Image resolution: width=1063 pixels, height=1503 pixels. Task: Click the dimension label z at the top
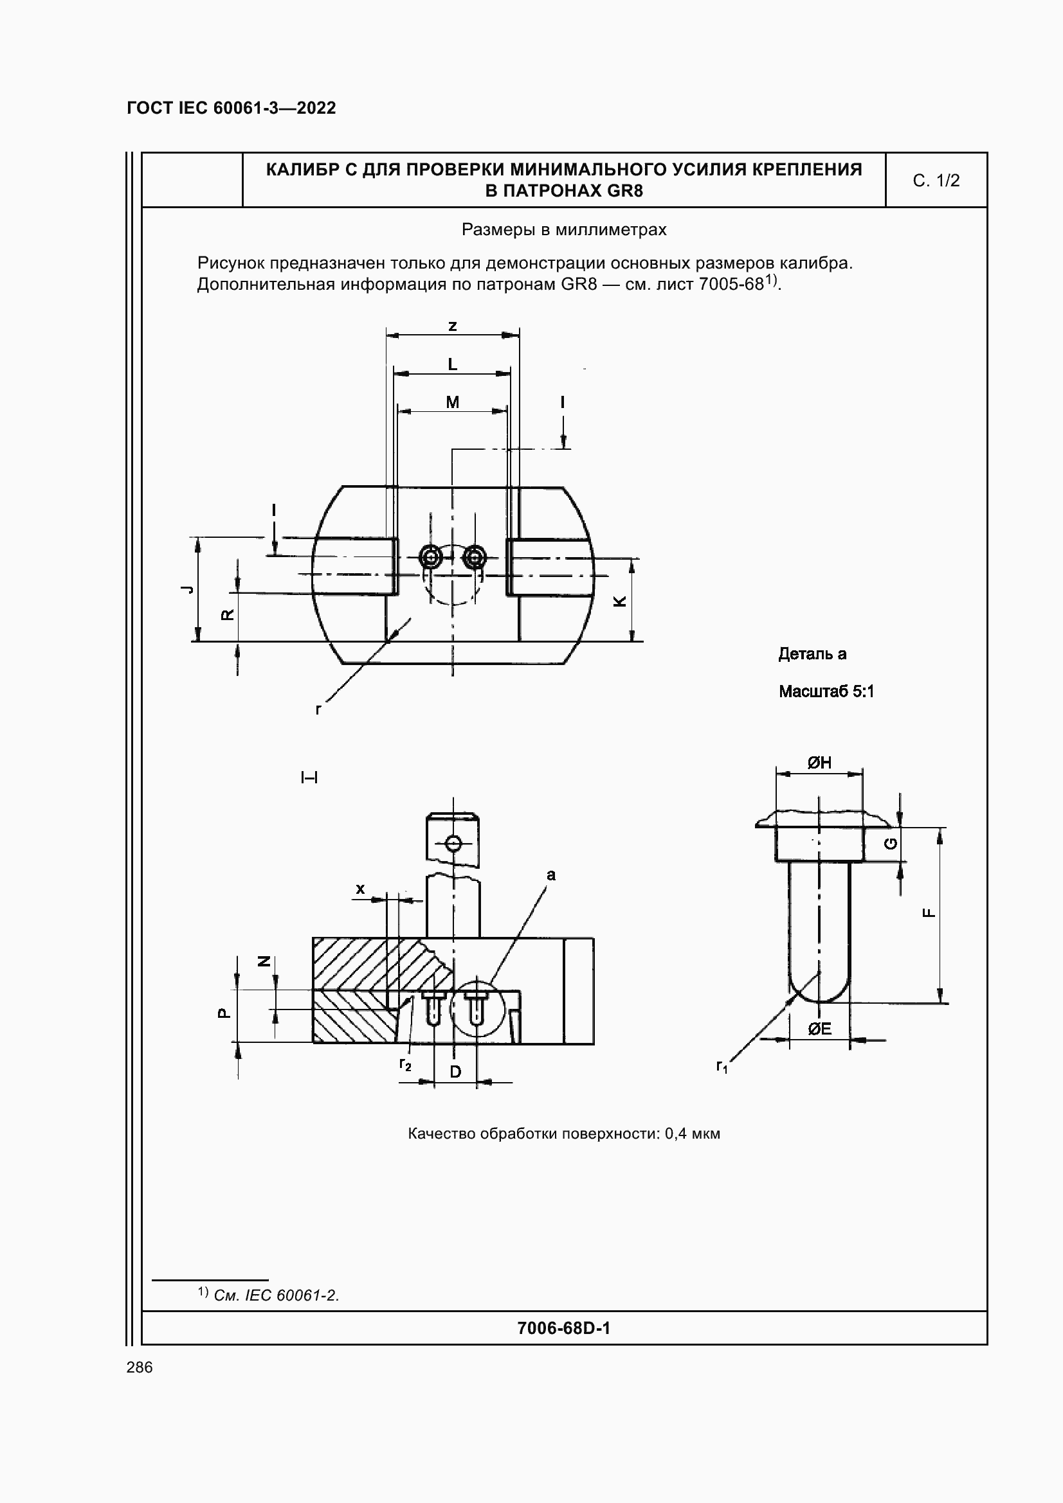tap(452, 326)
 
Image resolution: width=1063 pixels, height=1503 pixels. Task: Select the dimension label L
tap(452, 364)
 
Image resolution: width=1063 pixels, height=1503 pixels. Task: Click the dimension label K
tap(619, 601)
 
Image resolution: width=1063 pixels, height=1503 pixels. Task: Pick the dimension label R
tap(226, 615)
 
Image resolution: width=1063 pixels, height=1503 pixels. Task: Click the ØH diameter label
tap(819, 762)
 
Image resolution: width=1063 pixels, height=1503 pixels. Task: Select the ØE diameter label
tap(819, 1028)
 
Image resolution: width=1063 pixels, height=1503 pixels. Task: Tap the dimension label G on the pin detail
tap(891, 844)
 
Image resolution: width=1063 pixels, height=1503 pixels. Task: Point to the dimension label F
tap(928, 913)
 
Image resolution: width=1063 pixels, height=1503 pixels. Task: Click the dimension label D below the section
tap(455, 1072)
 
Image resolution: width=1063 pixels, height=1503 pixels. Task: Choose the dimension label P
tap(223, 1013)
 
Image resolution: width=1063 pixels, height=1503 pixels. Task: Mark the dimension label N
tap(263, 961)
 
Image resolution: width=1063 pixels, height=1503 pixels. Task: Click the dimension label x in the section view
tap(359, 889)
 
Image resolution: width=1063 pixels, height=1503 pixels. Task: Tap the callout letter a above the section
tap(551, 875)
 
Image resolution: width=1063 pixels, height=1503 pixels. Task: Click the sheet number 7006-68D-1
tap(563, 1328)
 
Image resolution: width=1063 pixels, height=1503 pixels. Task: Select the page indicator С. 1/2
tap(936, 181)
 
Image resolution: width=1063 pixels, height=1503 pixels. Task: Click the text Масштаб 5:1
tap(826, 691)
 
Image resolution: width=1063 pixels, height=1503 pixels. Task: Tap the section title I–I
tap(309, 778)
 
